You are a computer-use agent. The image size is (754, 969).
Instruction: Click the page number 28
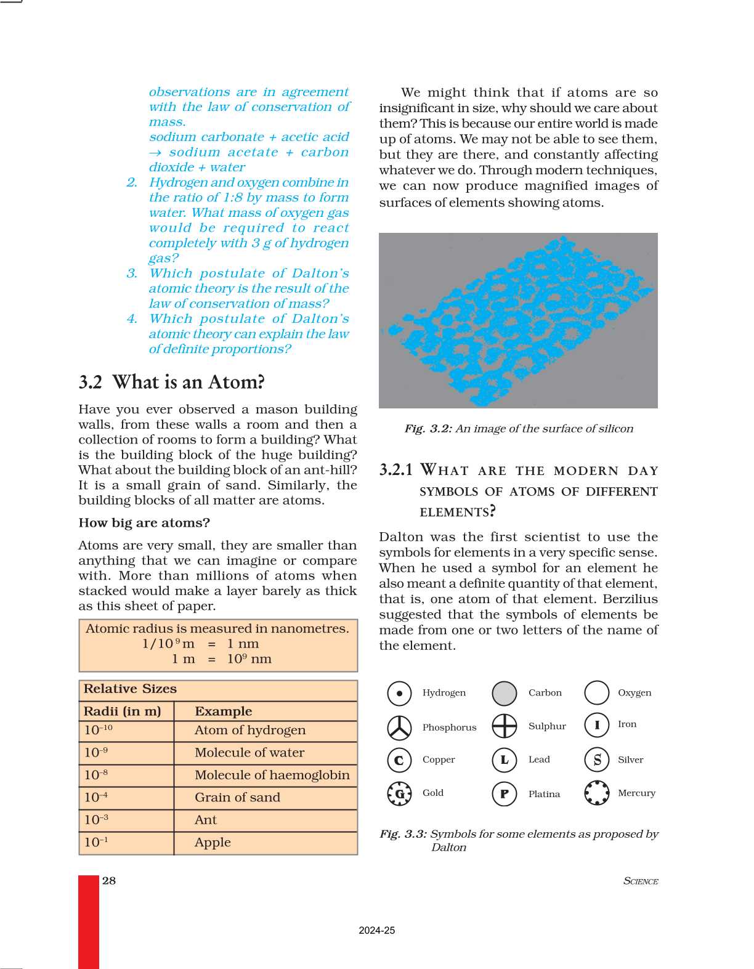pyautogui.click(x=109, y=880)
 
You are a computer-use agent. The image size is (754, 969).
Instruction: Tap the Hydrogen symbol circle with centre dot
pyautogui.click(x=399, y=693)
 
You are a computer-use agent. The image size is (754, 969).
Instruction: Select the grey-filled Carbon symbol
pyautogui.click(x=505, y=693)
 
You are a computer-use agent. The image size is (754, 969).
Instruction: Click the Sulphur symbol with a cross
pyautogui.click(x=505, y=726)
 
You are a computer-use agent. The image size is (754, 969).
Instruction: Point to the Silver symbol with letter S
pyautogui.click(x=597, y=760)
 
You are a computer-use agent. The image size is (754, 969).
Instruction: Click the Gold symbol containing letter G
pyautogui.click(x=399, y=793)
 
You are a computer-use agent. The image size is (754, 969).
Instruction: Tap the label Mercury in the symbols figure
pyautogui.click(x=636, y=793)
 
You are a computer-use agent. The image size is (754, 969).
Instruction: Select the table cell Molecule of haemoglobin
pyautogui.click(x=272, y=775)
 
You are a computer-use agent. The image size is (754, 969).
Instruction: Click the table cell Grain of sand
pyautogui.click(x=237, y=797)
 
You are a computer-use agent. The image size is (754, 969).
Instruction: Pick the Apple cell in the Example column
pyautogui.click(x=213, y=842)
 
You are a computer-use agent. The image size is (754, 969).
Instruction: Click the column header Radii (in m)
pyautogui.click(x=122, y=711)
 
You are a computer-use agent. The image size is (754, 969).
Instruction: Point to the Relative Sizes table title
pyautogui.click(x=130, y=689)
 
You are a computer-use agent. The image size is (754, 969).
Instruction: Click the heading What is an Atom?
pyautogui.click(x=188, y=382)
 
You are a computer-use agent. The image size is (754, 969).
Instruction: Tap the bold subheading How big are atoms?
pyautogui.click(x=144, y=522)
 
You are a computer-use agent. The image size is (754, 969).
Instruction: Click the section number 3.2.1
pyautogui.click(x=395, y=469)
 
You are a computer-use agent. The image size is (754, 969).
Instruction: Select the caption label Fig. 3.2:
pyautogui.click(x=428, y=428)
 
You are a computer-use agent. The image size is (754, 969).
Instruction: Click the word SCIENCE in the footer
pyautogui.click(x=641, y=881)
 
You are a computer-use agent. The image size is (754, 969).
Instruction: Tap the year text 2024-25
pyautogui.click(x=376, y=930)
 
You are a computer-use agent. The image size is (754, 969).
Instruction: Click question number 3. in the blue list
pyautogui.click(x=132, y=273)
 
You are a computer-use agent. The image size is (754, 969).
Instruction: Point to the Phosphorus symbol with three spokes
pyautogui.click(x=399, y=727)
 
